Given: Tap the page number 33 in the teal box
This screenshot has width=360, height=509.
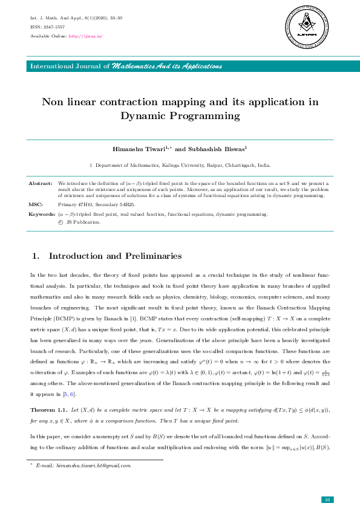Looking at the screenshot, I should click(327, 499).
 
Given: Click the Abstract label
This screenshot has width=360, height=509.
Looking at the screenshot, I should click(41, 182).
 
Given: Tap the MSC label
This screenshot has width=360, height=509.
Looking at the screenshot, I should click(35, 204).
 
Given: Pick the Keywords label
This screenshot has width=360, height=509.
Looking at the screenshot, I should click(42, 214).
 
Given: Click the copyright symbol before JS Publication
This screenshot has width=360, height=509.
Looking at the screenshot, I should click(60, 222).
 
